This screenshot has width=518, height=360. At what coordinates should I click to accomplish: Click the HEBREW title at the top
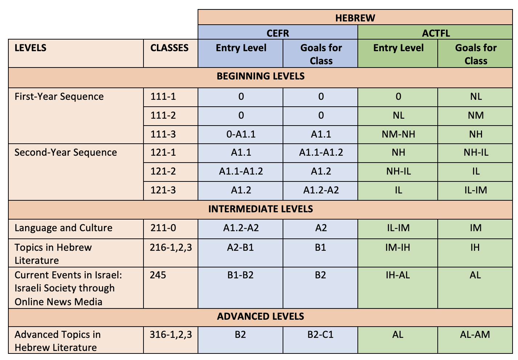tap(355, 18)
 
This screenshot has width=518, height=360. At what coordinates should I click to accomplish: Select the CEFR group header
tap(278, 33)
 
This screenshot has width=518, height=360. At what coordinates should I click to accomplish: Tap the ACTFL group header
tap(436, 33)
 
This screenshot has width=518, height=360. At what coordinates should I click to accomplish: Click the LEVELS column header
tap(31, 48)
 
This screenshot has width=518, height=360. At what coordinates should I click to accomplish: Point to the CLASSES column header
tap(170, 48)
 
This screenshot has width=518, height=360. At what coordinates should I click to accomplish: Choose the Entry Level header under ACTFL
tap(398, 48)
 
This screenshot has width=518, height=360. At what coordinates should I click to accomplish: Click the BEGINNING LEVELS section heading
tap(260, 76)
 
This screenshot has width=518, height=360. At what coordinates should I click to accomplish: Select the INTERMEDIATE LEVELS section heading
tap(260, 209)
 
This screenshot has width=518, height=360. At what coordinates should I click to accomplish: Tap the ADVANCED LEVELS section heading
tap(260, 316)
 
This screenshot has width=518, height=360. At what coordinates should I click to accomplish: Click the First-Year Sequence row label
tap(59, 97)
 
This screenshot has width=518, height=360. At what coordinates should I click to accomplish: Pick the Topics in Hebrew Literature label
tap(53, 254)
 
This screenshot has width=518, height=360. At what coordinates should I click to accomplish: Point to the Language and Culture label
tap(64, 228)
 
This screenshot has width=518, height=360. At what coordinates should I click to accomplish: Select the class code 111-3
tap(163, 134)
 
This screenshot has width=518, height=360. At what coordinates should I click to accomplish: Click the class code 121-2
tap(163, 171)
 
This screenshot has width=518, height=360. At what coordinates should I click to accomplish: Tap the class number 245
tap(158, 275)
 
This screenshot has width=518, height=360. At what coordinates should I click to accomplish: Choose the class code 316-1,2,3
tap(171, 334)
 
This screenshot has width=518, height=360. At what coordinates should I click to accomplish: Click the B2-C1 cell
tap(320, 334)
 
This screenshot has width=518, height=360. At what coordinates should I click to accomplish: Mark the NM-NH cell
tap(398, 134)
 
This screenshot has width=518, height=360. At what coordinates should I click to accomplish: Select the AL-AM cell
tap(475, 334)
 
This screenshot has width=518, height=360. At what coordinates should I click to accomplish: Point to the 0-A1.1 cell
tap(241, 134)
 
